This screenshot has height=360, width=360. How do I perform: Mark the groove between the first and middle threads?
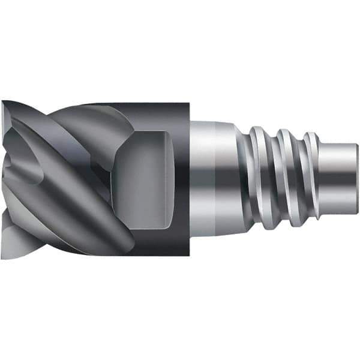click(274, 180)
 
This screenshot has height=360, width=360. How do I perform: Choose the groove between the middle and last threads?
click(299, 180)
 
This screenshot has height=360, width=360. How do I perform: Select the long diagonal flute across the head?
click(78, 198)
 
